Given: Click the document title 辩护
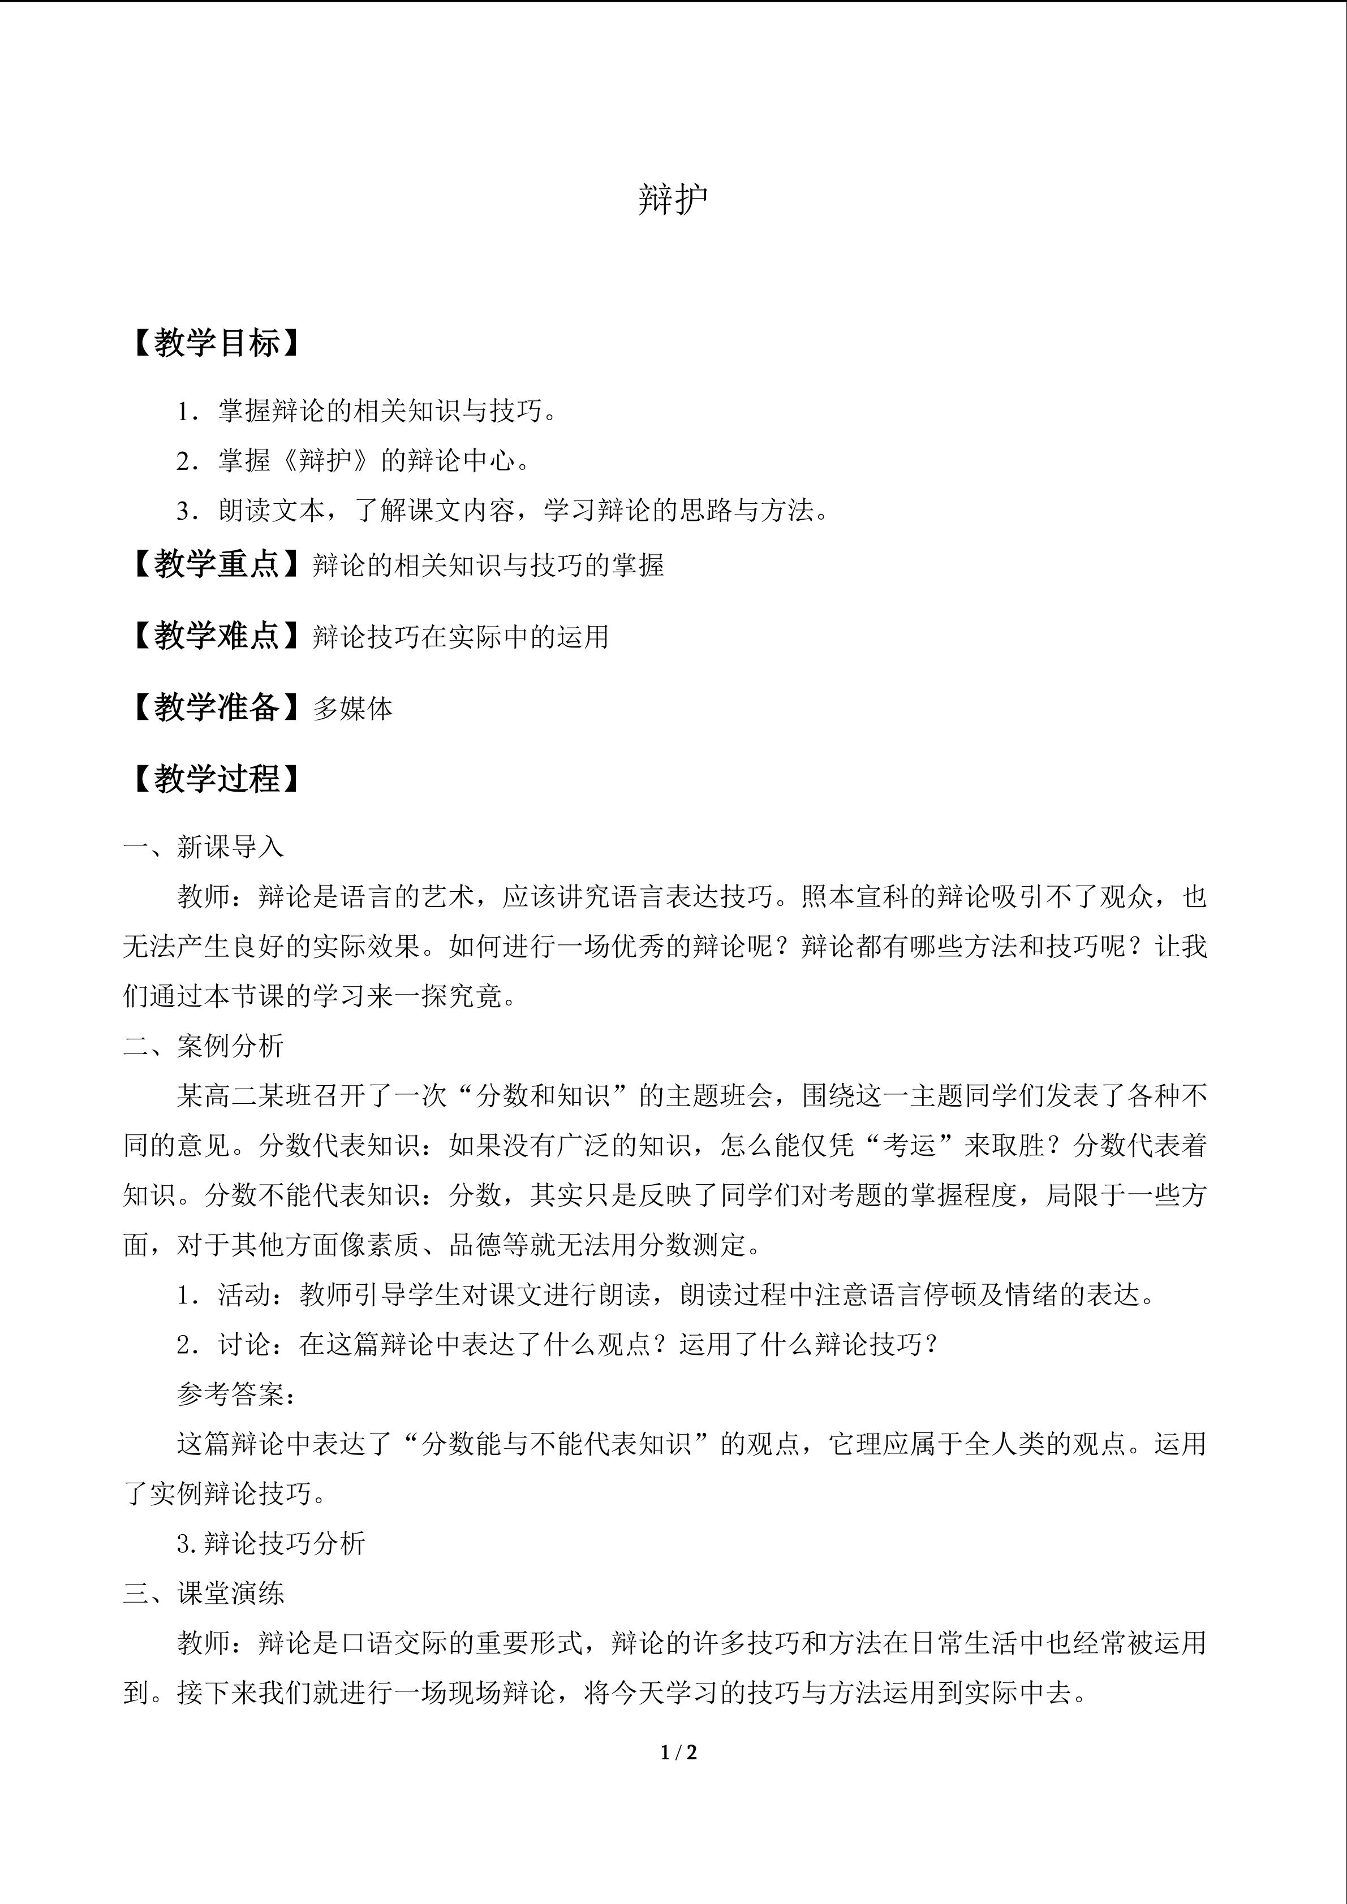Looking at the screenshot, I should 673,200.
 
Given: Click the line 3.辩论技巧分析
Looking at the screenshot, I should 271,1543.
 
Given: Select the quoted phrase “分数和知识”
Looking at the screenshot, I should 543,1095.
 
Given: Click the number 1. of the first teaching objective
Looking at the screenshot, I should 187,411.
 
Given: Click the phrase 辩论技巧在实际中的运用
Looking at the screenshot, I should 461,637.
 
